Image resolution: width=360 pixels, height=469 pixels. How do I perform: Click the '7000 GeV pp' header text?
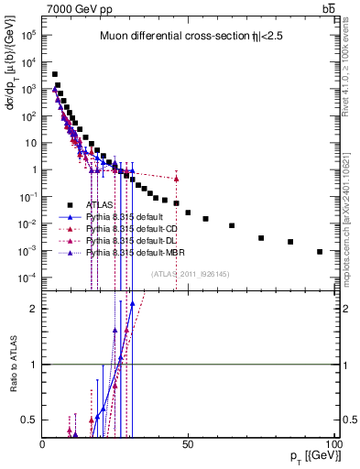(x=75, y=8)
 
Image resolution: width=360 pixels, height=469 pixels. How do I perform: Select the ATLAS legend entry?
(x=100, y=204)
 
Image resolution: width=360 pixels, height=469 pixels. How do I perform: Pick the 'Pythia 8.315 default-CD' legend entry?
(x=127, y=228)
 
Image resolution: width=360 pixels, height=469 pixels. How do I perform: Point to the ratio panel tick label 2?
(x=35, y=309)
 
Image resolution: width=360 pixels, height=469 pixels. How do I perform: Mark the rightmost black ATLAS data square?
(x=320, y=251)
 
